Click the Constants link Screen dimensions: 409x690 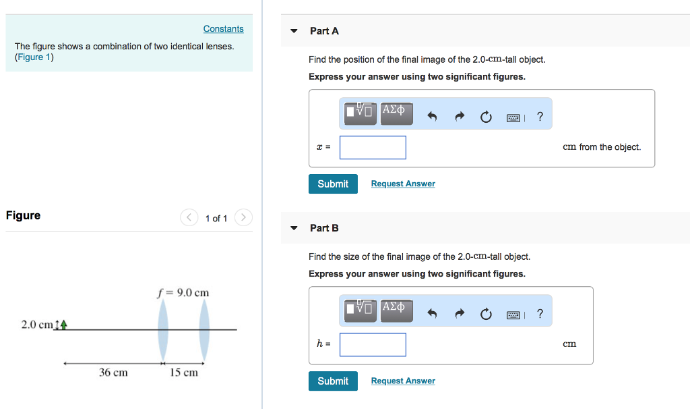point(223,29)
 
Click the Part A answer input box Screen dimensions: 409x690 point(373,147)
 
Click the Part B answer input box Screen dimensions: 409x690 point(373,344)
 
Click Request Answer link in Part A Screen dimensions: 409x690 point(403,184)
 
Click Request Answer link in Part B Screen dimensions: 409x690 point(403,381)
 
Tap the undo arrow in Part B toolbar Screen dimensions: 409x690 point(433,315)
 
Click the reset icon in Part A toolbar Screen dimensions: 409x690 point(486,117)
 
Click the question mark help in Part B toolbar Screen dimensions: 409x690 point(540,314)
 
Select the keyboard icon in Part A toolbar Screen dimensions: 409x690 point(513,117)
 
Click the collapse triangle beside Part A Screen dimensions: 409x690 point(294,31)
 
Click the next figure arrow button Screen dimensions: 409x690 point(244,218)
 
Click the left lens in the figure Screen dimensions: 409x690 point(163,330)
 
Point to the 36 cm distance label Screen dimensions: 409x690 point(113,373)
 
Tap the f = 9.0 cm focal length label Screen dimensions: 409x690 point(183,293)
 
